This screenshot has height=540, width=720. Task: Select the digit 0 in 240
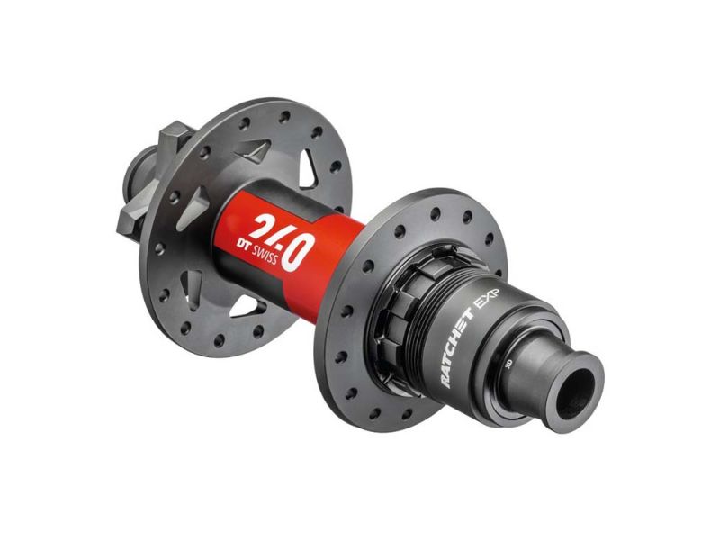point(295,247)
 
